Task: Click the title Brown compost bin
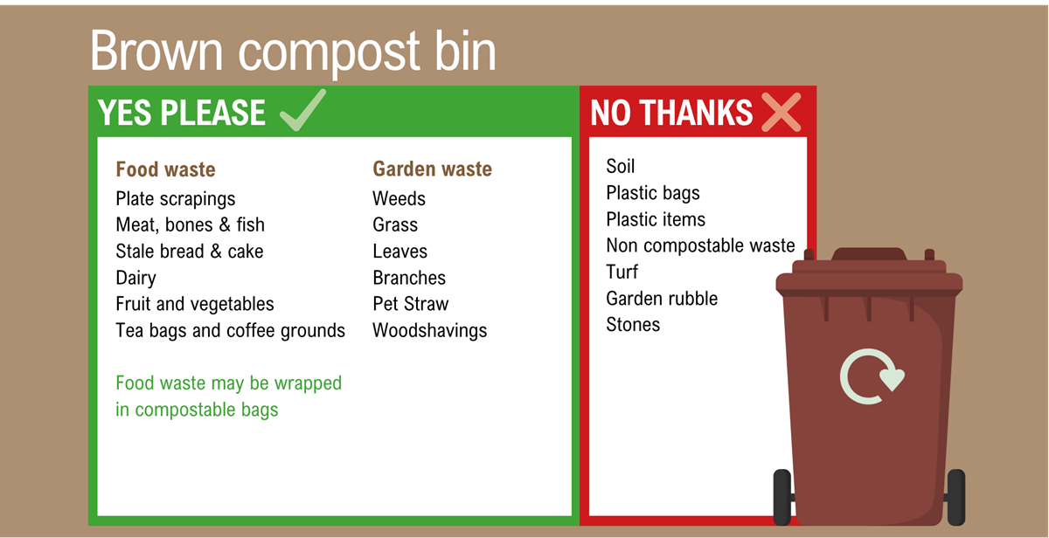(x=293, y=51)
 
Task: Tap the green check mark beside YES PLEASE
(x=302, y=111)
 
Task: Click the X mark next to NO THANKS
(x=781, y=113)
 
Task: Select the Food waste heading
(x=165, y=169)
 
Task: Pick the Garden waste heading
(x=432, y=169)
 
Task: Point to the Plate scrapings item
(x=175, y=199)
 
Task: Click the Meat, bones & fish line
(x=190, y=225)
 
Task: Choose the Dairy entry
(x=135, y=279)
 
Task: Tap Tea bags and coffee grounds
(x=230, y=331)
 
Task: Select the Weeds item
(x=399, y=199)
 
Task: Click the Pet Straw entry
(x=410, y=305)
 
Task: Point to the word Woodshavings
(x=429, y=331)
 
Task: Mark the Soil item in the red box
(x=620, y=167)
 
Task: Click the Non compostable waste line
(x=700, y=246)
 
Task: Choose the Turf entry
(x=622, y=272)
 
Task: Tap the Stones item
(x=633, y=325)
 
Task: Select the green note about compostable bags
(x=228, y=396)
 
